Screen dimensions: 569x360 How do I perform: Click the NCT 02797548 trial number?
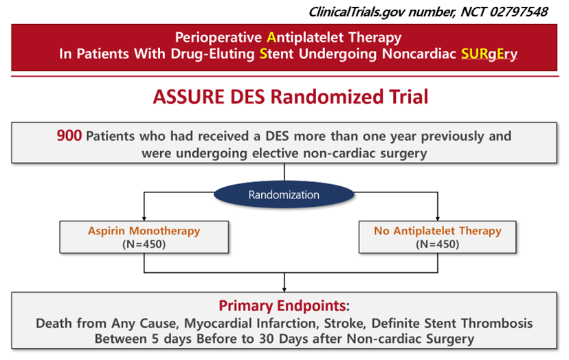click(x=504, y=12)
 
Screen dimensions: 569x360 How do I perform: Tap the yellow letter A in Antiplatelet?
click(x=271, y=37)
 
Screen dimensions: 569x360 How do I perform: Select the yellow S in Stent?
click(x=263, y=54)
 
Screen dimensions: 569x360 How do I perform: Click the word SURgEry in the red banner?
click(x=489, y=54)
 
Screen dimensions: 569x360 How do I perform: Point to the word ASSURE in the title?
click(x=189, y=97)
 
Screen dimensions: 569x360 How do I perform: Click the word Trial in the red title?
click(x=409, y=97)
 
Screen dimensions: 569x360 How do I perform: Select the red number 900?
click(x=69, y=136)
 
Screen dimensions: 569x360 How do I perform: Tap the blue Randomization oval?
click(x=284, y=194)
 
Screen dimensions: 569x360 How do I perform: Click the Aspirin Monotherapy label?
click(x=144, y=231)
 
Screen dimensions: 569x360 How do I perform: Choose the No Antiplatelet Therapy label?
click(x=438, y=231)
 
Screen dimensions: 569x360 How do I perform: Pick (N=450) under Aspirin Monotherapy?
click(x=144, y=244)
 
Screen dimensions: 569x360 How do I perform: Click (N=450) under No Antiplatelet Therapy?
click(x=438, y=244)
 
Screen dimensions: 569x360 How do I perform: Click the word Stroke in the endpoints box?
click(x=345, y=323)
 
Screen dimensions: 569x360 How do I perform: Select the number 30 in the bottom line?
click(x=267, y=339)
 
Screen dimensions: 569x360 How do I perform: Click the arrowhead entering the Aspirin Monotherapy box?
click(x=144, y=219)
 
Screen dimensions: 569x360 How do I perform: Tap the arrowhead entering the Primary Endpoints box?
click(x=284, y=290)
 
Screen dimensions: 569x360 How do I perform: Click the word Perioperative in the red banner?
click(x=219, y=38)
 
